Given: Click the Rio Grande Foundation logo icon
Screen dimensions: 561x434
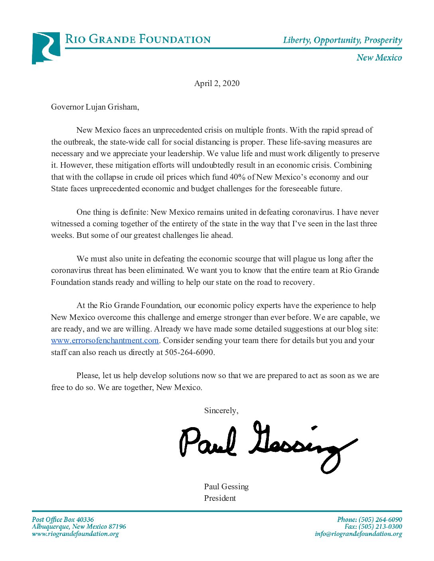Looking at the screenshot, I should click(46, 48).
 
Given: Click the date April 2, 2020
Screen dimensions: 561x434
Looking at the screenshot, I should click(217, 83).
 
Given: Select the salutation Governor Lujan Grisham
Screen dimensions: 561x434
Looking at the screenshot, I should click(95, 107).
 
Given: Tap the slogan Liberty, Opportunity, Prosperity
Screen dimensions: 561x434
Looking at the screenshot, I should click(342, 40).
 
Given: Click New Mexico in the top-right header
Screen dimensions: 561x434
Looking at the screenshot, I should click(379, 58).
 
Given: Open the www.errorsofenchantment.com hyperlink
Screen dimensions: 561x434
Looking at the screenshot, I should click(105, 341).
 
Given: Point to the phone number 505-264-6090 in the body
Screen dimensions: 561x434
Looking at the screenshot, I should click(189, 353).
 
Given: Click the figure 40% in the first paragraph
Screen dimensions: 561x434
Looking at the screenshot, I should click(237, 177).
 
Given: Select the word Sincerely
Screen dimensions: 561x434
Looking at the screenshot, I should click(221, 411).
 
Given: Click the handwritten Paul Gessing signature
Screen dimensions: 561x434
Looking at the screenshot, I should click(267, 444).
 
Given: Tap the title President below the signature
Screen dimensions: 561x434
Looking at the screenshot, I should click(220, 498).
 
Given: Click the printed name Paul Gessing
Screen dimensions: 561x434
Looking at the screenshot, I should click(226, 486).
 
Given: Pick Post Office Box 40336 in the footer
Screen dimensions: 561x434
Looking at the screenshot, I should click(63, 520).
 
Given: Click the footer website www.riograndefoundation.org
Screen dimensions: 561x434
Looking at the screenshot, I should click(75, 534).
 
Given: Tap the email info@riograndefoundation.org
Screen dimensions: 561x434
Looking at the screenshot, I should click(358, 534).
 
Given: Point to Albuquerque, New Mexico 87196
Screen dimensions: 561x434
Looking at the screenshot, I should click(79, 527).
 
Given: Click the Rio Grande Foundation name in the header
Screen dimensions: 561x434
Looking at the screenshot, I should click(138, 39).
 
